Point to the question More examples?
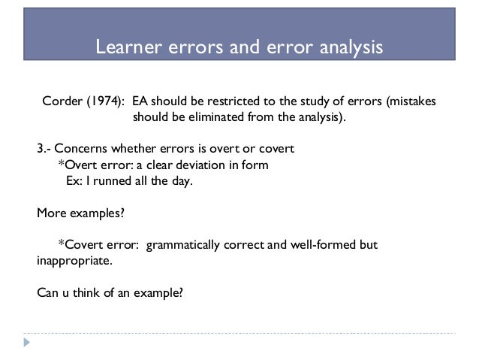click(81, 213)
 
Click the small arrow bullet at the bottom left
click(28, 343)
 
